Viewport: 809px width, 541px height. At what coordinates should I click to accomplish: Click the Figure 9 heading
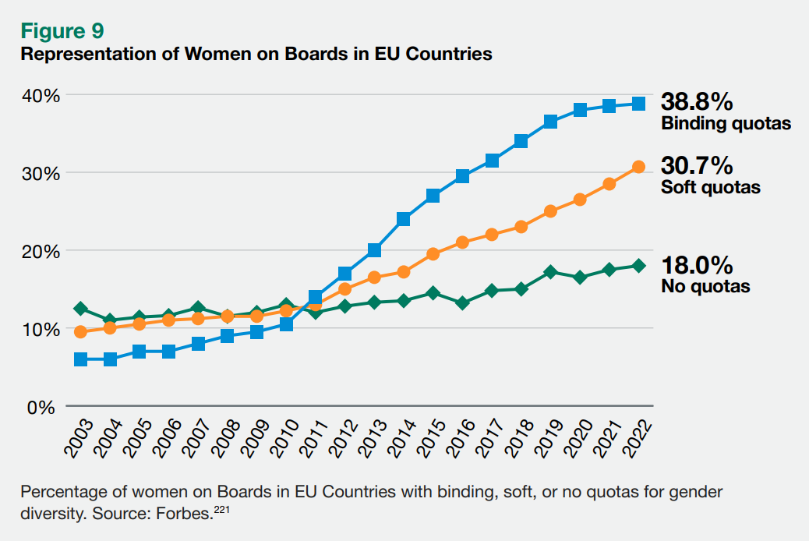pos(62,31)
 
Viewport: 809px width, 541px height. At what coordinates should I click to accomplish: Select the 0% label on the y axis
pos(44,407)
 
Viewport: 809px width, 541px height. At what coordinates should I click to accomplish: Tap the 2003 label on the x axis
pos(80,438)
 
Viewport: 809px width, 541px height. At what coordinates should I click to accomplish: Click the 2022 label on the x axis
pos(639,438)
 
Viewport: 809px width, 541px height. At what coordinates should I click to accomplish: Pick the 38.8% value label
pos(697,101)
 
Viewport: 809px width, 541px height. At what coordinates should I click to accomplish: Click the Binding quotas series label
pos(726,123)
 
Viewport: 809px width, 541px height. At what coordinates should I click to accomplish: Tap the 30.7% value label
pos(697,165)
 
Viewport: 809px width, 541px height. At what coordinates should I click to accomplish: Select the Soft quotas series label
pos(710,187)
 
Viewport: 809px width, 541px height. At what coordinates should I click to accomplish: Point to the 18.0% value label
pos(697,264)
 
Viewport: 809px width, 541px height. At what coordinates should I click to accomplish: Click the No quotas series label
pos(705,286)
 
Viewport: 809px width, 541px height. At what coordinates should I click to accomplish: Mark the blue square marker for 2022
pos(638,104)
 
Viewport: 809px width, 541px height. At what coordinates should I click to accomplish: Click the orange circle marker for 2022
pos(638,167)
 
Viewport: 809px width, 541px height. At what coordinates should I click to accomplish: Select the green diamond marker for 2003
pos(80,309)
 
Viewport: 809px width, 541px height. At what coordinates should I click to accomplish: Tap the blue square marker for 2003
pos(80,359)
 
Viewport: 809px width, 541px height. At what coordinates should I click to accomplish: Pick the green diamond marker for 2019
pos(550,272)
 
